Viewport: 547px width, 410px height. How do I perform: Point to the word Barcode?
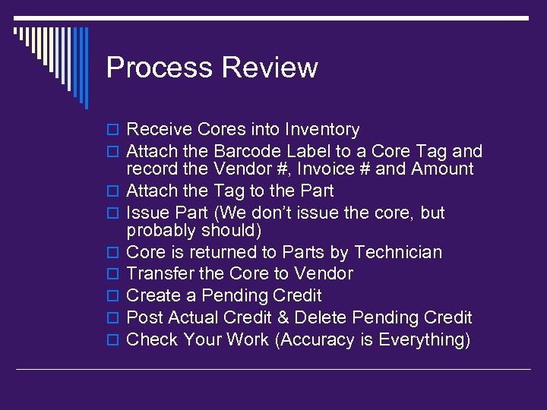click(248, 152)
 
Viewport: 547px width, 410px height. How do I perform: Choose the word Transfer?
click(159, 273)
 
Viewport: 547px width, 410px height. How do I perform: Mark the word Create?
click(152, 295)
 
